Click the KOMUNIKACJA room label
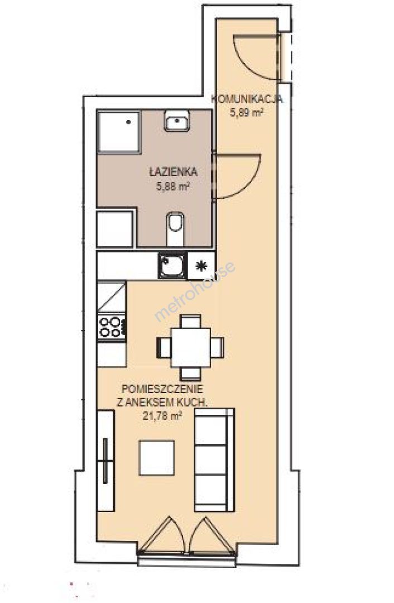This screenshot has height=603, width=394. [x=247, y=99]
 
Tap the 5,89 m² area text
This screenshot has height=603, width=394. [x=247, y=113]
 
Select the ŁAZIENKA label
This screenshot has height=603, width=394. [x=174, y=172]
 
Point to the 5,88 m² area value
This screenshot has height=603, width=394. [x=173, y=187]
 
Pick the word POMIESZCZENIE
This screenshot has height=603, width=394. [x=162, y=389]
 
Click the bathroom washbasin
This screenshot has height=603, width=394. [x=177, y=121]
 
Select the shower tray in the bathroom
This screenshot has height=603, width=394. [x=118, y=132]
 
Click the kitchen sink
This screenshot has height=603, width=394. [x=172, y=265]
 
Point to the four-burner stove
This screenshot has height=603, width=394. [x=112, y=327]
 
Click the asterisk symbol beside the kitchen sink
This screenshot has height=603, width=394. [x=201, y=266]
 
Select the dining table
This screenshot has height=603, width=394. [x=191, y=347]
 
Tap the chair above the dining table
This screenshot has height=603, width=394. [x=191, y=321]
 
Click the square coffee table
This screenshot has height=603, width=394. [x=156, y=458]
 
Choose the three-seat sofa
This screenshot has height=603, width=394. [x=214, y=460]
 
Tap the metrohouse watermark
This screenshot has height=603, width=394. [x=195, y=291]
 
